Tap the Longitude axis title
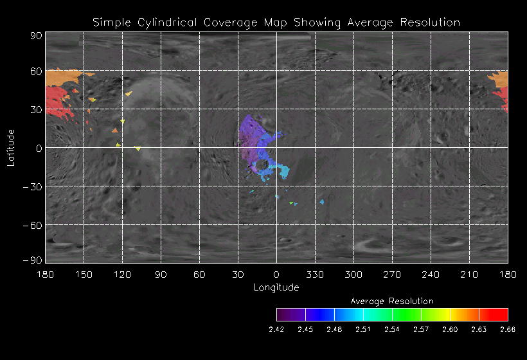276,287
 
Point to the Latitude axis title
11,147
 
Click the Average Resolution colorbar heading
392,301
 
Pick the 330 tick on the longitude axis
315,274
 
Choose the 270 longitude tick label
392,274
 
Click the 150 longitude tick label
84,274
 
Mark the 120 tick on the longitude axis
122,274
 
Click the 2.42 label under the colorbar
276,329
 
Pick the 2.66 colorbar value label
508,329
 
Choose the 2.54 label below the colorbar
392,329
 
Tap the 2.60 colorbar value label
450,329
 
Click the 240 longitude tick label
431,274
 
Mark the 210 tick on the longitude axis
469,274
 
